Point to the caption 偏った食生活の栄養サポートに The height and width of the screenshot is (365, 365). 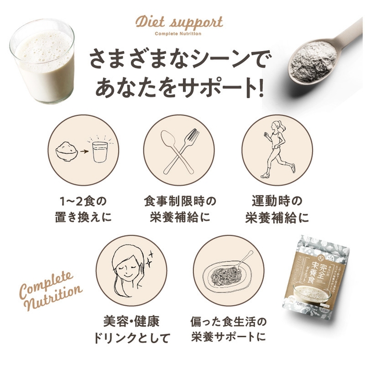click(x=229, y=327)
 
